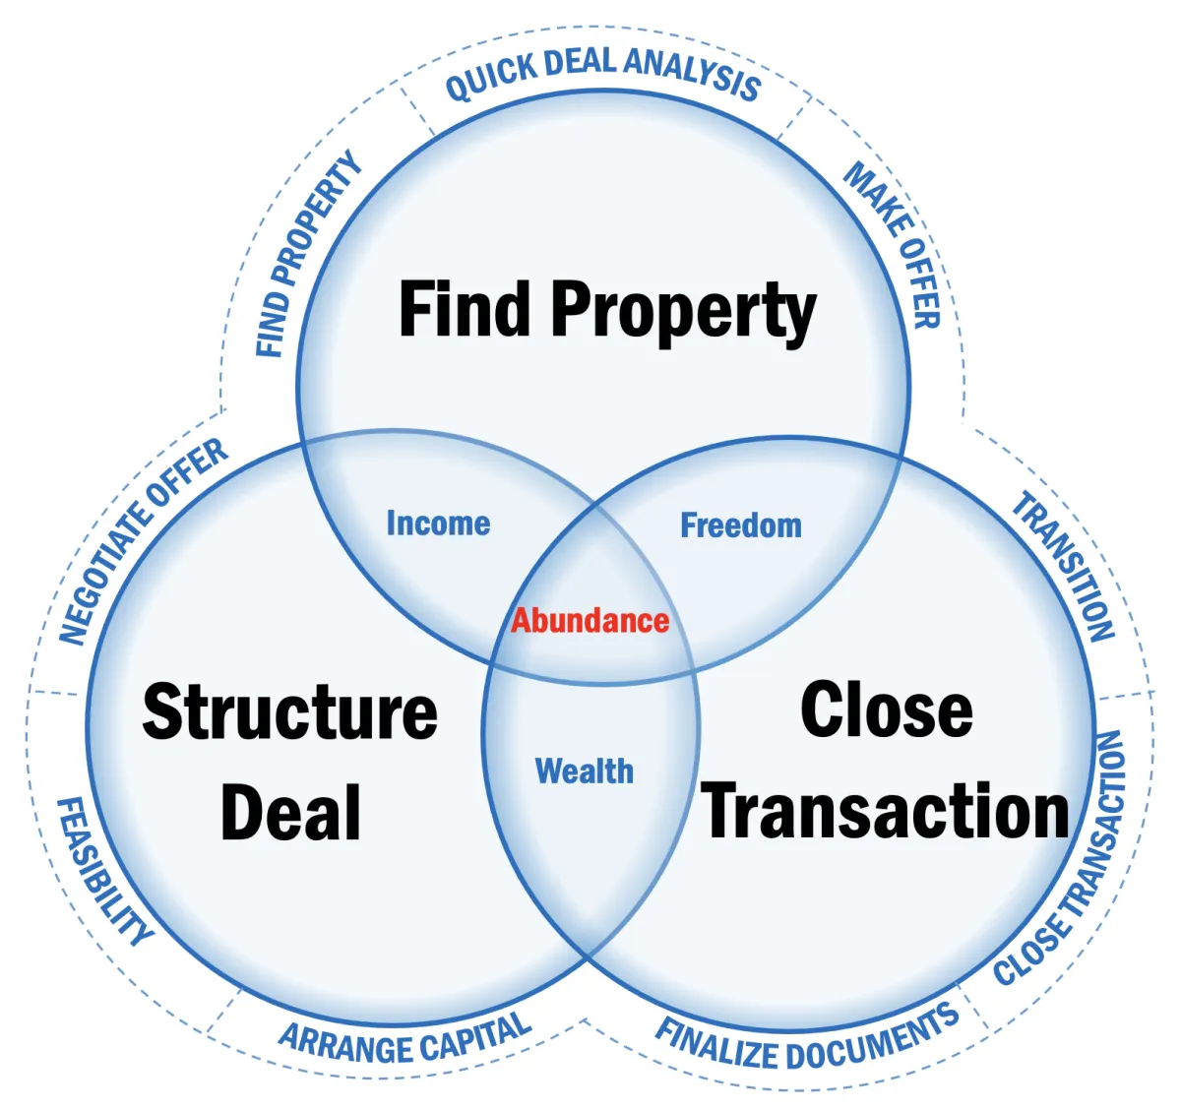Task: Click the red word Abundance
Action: point(590,621)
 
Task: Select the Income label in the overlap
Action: point(438,524)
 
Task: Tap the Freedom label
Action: point(741,525)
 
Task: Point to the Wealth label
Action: point(584,771)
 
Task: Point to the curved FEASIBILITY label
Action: point(103,872)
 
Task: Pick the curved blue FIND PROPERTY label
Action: point(307,254)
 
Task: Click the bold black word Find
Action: point(465,309)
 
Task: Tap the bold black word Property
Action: point(683,311)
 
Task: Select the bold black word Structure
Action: point(289,711)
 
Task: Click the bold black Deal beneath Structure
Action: point(290,813)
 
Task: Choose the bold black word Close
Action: point(886,709)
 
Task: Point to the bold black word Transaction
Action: point(886,812)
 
